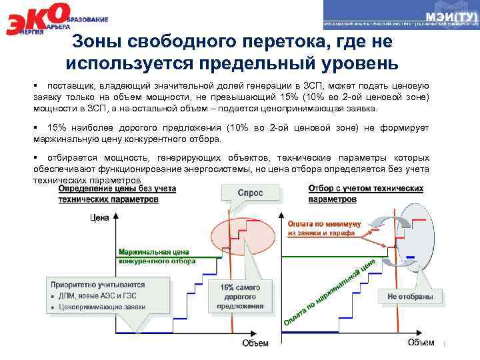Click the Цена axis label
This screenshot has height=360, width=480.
point(99,217)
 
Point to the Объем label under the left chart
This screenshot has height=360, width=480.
point(255,343)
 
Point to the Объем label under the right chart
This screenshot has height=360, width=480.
point(420,343)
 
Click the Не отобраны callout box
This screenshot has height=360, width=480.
point(410,296)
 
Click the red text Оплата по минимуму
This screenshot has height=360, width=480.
point(324,224)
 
